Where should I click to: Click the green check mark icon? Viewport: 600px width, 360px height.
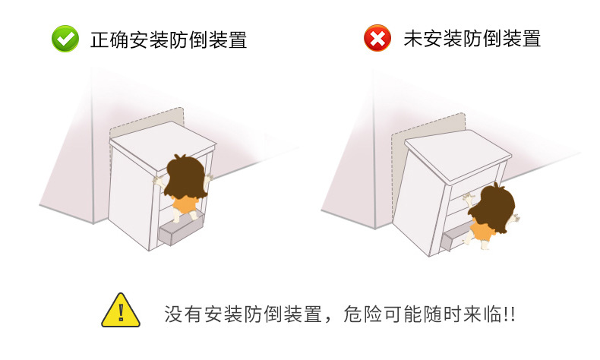tap(65, 39)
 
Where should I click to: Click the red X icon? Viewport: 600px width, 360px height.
tap(377, 38)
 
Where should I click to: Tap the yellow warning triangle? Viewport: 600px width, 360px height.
tap(121, 311)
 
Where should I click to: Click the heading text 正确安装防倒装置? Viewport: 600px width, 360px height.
tap(169, 39)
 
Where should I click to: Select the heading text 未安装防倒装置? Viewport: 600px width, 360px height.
tap(472, 39)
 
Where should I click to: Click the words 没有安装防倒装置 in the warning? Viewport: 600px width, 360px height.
tap(243, 314)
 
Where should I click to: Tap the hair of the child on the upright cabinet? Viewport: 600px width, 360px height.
tap(186, 177)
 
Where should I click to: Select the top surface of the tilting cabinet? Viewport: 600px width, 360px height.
tap(458, 153)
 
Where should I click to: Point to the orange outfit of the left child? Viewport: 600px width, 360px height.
tap(185, 204)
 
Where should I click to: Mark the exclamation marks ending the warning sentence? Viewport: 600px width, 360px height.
tap(510, 314)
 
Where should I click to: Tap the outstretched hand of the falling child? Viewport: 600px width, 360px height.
tap(515, 218)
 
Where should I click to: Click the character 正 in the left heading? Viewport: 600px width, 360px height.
tap(99, 39)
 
